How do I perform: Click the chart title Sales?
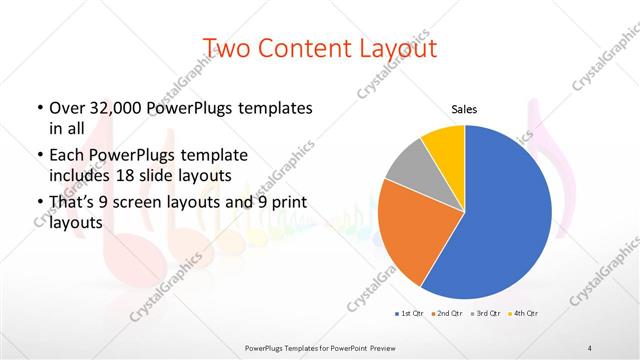pos(465,109)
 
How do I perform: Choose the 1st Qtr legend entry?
pos(409,313)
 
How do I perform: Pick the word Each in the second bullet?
pos(67,156)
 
